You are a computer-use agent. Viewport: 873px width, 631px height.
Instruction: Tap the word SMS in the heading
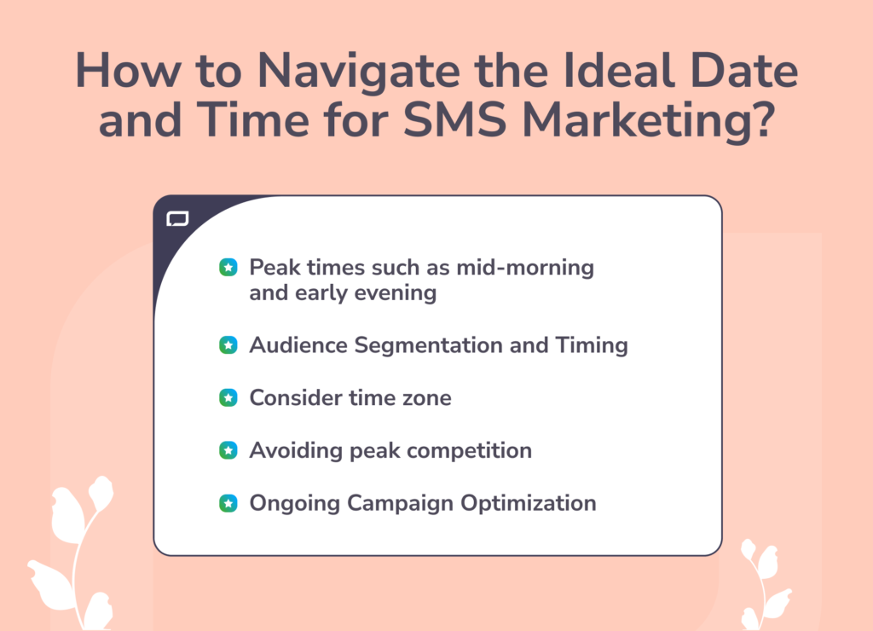(454, 119)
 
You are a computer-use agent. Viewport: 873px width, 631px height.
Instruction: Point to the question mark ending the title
(761, 119)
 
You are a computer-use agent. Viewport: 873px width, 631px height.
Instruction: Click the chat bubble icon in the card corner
(177, 219)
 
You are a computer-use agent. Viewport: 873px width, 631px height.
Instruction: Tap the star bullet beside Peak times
(228, 268)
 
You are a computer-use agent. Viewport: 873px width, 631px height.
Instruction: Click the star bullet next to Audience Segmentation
(228, 345)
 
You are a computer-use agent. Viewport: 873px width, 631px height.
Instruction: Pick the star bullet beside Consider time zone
(228, 397)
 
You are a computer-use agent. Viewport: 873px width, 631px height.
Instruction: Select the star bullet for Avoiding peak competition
(228, 450)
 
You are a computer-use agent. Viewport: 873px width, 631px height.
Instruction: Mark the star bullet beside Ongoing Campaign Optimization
(228, 503)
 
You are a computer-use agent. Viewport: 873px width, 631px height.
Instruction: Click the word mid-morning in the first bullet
(525, 268)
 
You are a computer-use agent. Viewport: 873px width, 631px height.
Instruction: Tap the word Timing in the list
(592, 346)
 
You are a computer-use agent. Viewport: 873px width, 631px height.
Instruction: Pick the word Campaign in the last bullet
(400, 504)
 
